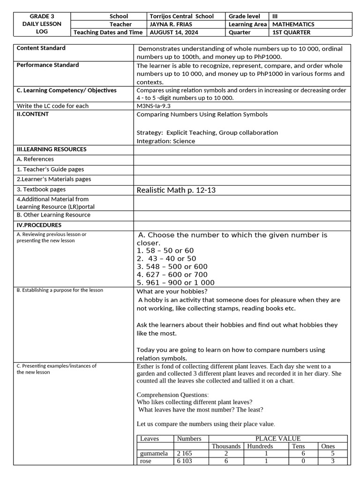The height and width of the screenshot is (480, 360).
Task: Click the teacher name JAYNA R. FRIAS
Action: click(173, 24)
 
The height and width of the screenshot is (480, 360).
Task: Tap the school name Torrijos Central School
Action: click(181, 16)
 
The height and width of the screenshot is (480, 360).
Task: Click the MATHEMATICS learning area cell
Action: click(293, 24)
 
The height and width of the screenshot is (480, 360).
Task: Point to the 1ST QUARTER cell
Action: click(291, 32)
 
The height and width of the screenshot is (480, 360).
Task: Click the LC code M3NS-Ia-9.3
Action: click(157, 106)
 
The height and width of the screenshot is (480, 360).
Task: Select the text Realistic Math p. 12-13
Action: click(176, 190)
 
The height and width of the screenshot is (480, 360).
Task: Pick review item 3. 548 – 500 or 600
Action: click(172, 267)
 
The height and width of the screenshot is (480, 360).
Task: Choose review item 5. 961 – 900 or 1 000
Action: click(175, 283)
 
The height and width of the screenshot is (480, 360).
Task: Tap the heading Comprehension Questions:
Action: click(172, 395)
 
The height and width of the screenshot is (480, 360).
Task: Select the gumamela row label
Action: click(154, 454)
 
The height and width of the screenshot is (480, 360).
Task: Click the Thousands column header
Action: click(226, 446)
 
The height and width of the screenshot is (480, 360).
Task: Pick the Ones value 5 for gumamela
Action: click(332, 454)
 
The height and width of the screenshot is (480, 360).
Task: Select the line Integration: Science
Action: click(166, 141)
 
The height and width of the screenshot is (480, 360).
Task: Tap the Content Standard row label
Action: click(41, 48)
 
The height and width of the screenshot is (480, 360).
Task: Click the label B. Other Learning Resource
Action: click(53, 215)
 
